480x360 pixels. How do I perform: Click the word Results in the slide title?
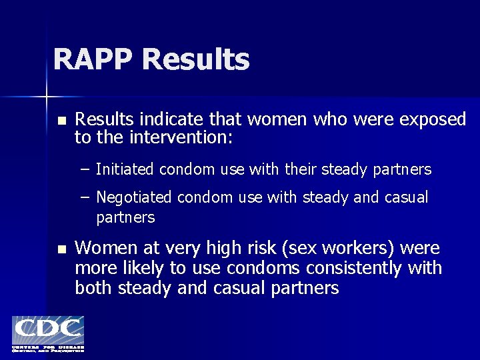195,59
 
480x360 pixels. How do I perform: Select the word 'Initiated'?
125,170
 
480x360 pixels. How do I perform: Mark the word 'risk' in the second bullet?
261,249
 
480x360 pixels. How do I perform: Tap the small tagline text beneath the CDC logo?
47,349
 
